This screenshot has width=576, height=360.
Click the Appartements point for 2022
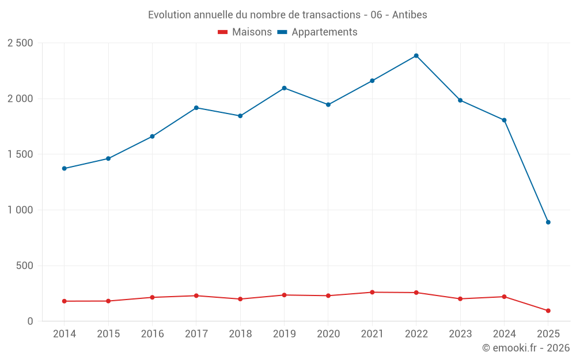click(416, 56)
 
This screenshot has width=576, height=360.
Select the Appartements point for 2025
click(548, 222)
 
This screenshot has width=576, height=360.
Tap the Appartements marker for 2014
click(65, 169)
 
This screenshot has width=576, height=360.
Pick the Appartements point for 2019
click(284, 88)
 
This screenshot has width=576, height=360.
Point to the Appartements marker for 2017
click(196, 108)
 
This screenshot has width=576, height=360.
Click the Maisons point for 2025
click(548, 311)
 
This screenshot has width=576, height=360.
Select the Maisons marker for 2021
click(372, 293)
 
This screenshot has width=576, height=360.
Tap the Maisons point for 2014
click(65, 301)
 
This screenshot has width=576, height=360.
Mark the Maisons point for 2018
click(240, 299)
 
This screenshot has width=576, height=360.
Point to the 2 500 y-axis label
click(20, 43)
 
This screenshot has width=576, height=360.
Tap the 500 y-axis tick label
click(25, 266)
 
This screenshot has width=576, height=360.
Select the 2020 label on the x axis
click(328, 334)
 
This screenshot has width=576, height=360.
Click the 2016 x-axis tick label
click(152, 334)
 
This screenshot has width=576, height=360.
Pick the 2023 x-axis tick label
click(460, 334)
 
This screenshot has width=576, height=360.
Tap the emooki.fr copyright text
click(526, 348)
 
